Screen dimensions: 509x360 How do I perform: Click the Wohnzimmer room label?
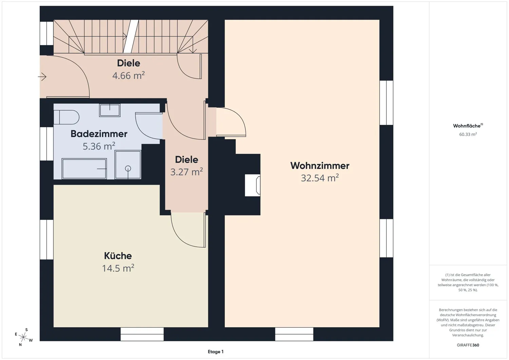[x=320, y=166]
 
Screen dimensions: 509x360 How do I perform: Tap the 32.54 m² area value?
[x=320, y=178]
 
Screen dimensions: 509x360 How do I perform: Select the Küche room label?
[x=118, y=256]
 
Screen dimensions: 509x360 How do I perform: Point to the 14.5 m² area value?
[x=118, y=268]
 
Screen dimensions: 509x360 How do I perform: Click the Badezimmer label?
[x=99, y=134]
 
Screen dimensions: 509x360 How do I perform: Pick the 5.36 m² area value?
[x=99, y=146]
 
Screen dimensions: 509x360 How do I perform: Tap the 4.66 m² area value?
[x=129, y=75]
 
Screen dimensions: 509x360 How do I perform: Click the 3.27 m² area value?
[x=187, y=172]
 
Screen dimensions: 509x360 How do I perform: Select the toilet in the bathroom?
[x=67, y=117]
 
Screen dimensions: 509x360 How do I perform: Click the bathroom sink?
[x=110, y=111]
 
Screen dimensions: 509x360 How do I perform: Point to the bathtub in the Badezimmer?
[x=84, y=169]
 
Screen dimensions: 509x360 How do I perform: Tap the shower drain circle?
[x=128, y=169]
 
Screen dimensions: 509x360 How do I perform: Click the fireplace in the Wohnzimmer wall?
[x=252, y=185]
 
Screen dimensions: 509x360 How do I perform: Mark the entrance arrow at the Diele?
[x=42, y=77]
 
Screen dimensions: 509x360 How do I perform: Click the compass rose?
[x=23, y=337]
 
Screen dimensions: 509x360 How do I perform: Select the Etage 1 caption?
[x=215, y=352]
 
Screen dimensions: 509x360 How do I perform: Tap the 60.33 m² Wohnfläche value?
[x=468, y=134]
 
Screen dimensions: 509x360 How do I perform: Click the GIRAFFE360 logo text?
[x=468, y=345]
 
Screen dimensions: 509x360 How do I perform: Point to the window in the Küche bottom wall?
[x=142, y=334]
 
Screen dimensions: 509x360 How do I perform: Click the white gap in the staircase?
[x=131, y=36]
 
